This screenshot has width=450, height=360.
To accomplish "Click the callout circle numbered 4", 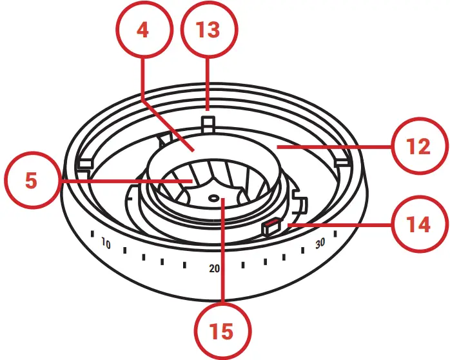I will coord(143,31).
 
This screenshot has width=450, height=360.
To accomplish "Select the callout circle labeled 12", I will coord(418,147).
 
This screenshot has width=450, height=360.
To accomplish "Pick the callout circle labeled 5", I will coord(31,181).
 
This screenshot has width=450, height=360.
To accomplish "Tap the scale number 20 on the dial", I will coord(215,268).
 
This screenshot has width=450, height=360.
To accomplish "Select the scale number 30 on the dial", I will coord(320,244).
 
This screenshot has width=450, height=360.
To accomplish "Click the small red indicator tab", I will coord(271,226).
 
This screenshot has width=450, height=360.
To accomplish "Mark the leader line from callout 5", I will coord(122,181).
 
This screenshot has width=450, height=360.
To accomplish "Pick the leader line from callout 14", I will coord(342,225).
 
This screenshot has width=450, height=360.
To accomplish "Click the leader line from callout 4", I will coord(168,123).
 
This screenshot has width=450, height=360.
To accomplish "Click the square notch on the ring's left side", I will coord(83,165).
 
